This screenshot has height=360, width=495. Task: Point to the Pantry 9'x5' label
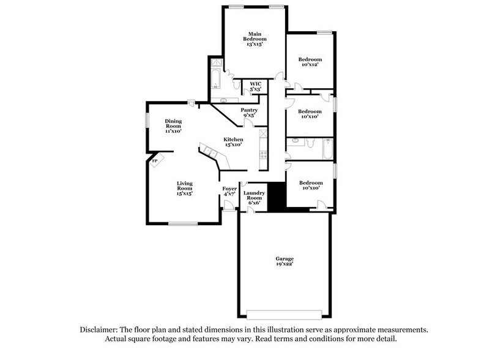(248, 113)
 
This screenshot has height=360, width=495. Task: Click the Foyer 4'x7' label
(229, 191)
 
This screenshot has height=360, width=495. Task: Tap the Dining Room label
(173, 126)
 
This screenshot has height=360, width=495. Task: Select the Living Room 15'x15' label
(185, 188)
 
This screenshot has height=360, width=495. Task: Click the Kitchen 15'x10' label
(233, 142)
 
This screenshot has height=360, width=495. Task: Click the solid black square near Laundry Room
(278, 196)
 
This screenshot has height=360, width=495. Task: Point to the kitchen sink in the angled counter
(210, 152)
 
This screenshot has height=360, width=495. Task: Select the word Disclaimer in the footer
(100, 329)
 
